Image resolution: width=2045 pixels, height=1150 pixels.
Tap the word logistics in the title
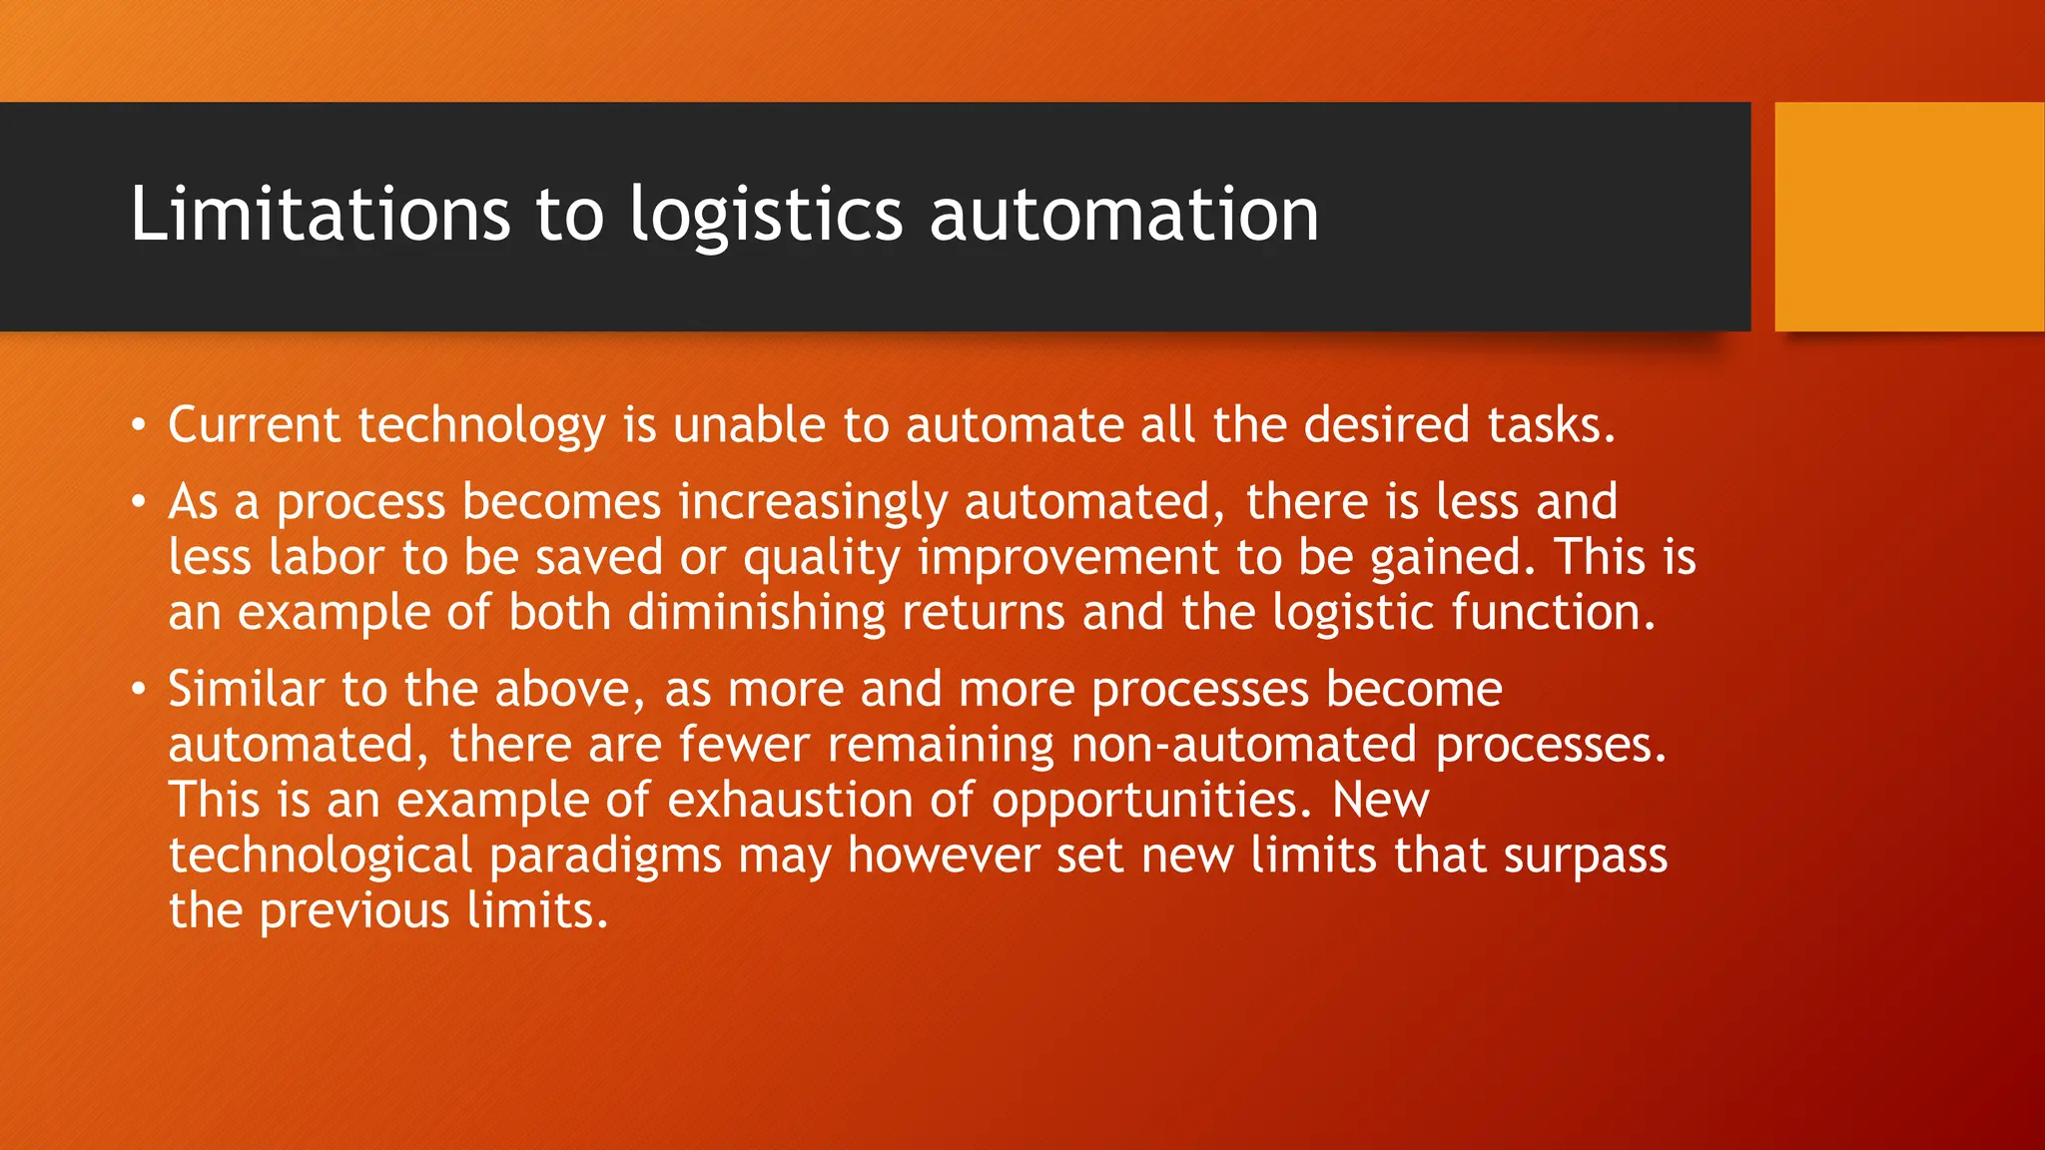click(x=766, y=216)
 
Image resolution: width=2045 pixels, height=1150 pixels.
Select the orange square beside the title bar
click(x=1909, y=216)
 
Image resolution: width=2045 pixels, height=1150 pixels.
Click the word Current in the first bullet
click(x=254, y=425)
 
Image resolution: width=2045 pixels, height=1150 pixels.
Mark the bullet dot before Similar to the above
click(x=139, y=690)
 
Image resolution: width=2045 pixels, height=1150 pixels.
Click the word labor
click(x=326, y=557)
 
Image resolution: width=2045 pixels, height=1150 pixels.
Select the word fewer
click(x=743, y=745)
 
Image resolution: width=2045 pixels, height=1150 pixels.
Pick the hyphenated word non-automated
click(x=1244, y=745)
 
